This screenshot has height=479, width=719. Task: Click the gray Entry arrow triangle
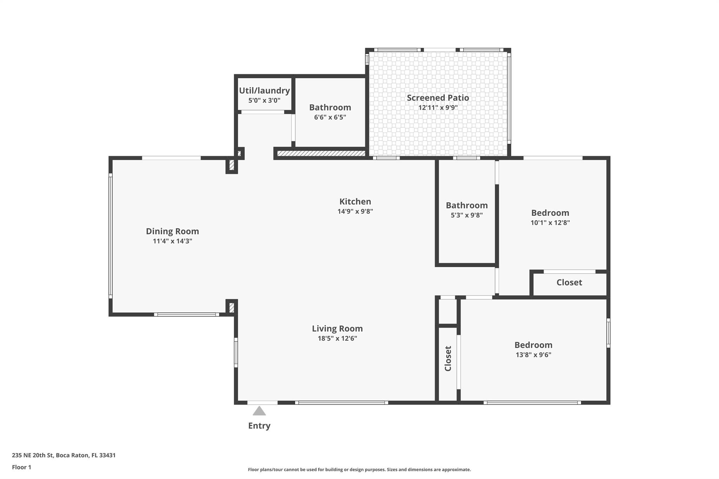(259, 411)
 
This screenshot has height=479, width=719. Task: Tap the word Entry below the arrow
(259, 426)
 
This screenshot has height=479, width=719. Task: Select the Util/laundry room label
(264, 91)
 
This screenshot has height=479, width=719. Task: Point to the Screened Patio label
(438, 98)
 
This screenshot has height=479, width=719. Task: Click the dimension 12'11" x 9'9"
(438, 107)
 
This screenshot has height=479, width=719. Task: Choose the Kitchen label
(355, 201)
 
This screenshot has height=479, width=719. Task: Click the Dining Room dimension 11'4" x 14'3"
(172, 241)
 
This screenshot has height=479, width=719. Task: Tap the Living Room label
(337, 329)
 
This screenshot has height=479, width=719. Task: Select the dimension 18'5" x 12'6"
(337, 338)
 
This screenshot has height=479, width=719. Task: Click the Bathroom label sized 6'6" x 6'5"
(330, 107)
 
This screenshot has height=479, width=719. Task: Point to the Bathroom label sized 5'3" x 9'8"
(467, 205)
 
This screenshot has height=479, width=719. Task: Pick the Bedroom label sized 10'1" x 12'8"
(550, 213)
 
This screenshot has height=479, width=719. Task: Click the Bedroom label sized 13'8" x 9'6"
(533, 345)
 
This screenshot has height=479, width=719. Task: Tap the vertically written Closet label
(448, 358)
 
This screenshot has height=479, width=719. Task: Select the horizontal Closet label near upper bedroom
(569, 282)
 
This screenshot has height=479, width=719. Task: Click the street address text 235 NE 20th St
(33, 455)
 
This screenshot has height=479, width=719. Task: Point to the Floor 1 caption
(21, 467)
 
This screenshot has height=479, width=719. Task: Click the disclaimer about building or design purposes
(359, 470)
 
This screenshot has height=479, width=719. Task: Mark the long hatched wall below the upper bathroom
(321, 154)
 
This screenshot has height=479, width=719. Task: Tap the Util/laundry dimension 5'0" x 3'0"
(264, 100)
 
